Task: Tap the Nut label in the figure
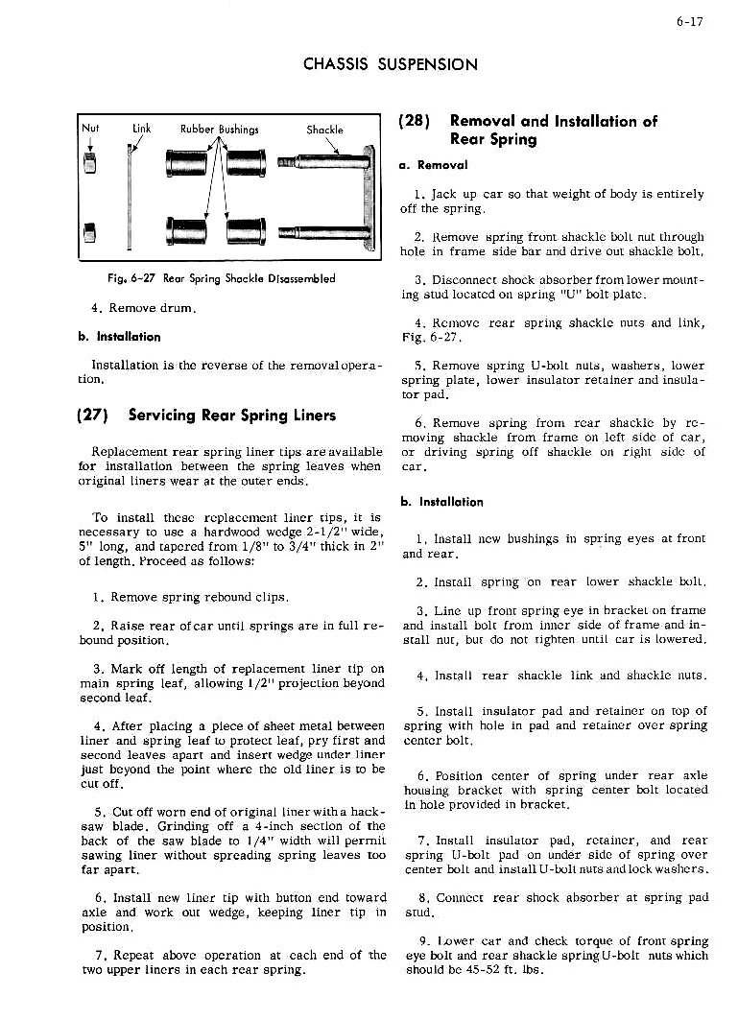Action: [x=90, y=128]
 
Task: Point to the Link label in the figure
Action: [x=141, y=128]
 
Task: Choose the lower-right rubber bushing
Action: [x=247, y=231]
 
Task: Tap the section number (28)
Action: [x=414, y=121]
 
